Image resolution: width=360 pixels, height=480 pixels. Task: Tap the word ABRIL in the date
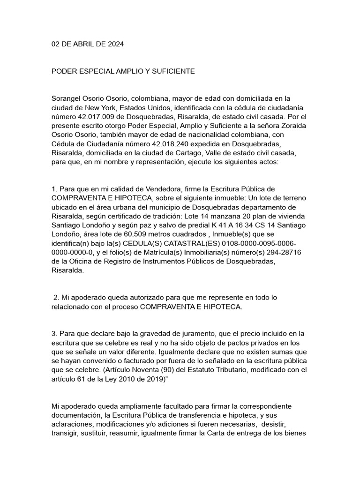[x=84, y=45]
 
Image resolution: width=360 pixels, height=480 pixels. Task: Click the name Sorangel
[x=67, y=98]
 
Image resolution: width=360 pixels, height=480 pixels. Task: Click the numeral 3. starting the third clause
[x=54, y=333]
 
